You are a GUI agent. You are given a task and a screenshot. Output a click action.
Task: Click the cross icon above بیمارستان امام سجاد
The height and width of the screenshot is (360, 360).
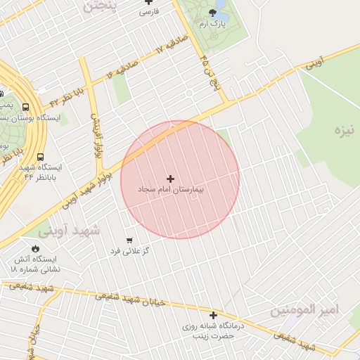pos(170,179)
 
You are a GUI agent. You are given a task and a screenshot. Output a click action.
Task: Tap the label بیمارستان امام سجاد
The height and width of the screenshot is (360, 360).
pos(170,191)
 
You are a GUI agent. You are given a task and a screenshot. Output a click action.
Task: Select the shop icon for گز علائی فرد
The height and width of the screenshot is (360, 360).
pos(129,240)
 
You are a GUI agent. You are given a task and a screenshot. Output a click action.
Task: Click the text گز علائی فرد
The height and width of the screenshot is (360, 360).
pos(129,251)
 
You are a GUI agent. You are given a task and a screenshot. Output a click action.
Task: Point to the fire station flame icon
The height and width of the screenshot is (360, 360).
pos(35,248)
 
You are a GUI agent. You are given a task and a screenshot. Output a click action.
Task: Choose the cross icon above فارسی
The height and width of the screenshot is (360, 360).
pos(148,2)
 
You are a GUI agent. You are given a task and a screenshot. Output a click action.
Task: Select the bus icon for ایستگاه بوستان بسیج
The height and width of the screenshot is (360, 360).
pos(26,108)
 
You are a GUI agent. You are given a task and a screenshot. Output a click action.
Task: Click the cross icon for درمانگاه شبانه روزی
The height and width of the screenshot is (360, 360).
pos(213,315)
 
